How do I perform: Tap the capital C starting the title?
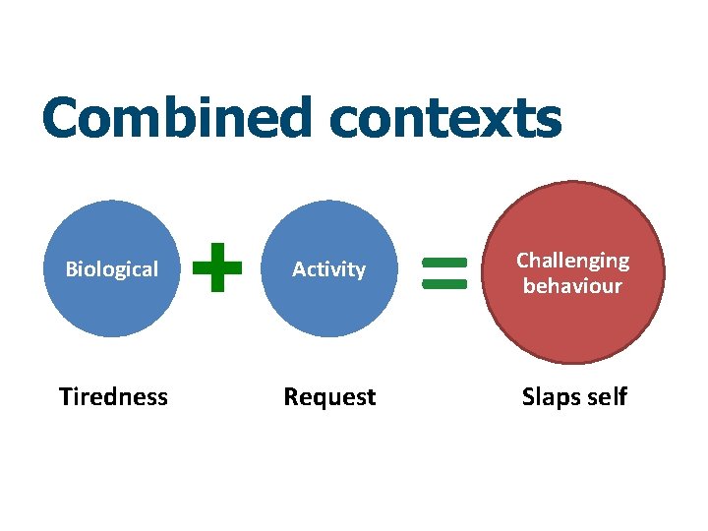point(61,120)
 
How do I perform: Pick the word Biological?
point(111,269)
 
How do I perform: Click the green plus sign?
point(217,268)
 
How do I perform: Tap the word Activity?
point(328,269)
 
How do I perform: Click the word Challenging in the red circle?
point(572,261)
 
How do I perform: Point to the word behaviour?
point(572,286)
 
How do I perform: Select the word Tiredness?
point(113,397)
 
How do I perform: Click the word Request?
point(329,397)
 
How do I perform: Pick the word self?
point(607,397)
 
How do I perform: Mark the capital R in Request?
point(291,397)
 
